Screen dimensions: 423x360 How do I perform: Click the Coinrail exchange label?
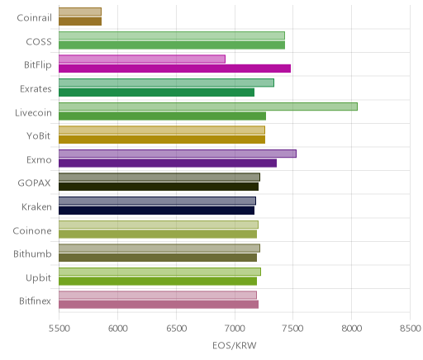[34, 18]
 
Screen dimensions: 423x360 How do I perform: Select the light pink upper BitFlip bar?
[142, 59]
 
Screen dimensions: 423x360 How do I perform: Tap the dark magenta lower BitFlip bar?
[174, 69]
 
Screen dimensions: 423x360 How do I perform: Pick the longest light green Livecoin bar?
[208, 107]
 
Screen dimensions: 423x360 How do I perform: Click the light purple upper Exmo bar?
[178, 154]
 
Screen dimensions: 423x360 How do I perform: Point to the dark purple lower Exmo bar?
[168, 163]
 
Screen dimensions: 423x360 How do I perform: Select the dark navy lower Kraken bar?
[156, 211]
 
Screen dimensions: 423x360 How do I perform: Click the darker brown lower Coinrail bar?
[80, 21]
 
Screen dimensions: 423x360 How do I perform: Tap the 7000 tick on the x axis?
[235, 329]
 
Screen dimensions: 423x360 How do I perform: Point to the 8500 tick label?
[411, 329]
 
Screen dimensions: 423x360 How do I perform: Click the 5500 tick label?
[59, 329]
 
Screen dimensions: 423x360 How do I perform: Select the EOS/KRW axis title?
[235, 345]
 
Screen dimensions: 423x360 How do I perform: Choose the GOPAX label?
[34, 183]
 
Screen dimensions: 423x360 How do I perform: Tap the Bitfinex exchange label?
[35, 301]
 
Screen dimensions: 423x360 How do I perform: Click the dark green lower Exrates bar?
[156, 92]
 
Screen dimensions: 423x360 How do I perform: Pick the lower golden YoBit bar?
[162, 140]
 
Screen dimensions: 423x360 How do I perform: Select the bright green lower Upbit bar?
[158, 281]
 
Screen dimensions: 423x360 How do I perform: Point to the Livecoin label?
[33, 113]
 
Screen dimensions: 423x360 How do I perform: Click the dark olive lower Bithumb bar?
[158, 258]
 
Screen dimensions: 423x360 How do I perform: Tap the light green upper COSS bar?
[172, 36]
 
